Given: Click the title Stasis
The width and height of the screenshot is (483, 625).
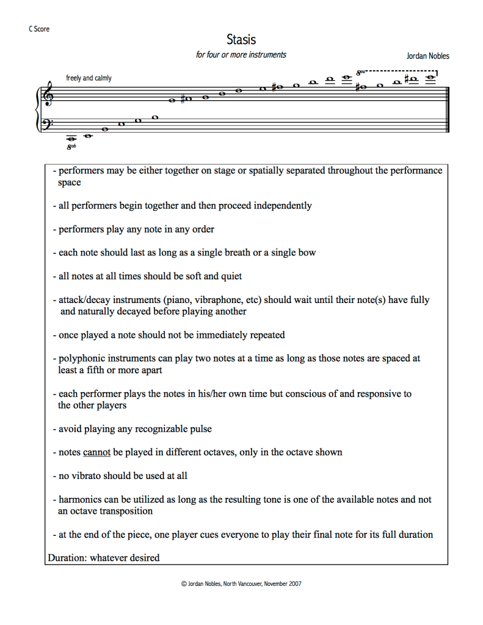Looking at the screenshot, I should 241,40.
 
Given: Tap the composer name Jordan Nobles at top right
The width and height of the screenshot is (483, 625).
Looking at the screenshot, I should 427,56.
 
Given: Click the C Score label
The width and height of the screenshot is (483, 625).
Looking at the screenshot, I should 38,29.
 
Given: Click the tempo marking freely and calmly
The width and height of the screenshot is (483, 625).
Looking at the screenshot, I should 89,78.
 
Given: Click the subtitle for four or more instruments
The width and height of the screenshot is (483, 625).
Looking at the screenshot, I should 241,55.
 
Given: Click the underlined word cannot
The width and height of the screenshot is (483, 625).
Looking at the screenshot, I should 96,452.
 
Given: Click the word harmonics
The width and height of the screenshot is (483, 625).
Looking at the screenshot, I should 80,499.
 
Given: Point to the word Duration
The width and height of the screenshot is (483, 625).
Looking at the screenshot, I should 66,557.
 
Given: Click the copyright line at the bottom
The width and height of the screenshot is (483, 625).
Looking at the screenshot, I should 241,583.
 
